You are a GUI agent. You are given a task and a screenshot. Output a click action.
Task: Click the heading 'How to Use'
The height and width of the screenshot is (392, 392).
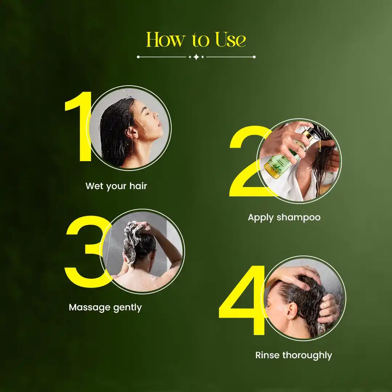click(196, 40)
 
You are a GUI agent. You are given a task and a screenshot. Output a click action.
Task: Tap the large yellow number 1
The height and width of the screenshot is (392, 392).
click(78, 127)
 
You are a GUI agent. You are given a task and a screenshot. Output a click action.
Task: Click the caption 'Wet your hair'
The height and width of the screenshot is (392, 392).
click(116, 186)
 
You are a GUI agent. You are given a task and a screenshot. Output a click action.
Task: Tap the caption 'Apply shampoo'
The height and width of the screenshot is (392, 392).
click(284, 217)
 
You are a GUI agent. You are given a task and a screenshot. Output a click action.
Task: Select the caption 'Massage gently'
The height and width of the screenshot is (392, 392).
click(105, 307)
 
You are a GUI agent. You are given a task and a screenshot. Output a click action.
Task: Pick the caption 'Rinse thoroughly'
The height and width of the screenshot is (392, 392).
click(294, 355)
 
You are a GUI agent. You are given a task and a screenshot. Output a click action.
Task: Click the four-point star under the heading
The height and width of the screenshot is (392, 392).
click(196, 57)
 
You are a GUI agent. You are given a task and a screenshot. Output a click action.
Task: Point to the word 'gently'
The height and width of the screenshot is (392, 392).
click(127, 308)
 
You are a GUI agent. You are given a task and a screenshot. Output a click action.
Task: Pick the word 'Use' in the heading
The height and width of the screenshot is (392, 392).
click(230, 40)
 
